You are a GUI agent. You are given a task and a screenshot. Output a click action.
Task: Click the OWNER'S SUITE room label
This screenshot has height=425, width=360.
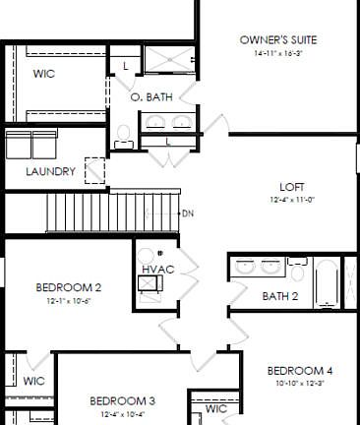278,40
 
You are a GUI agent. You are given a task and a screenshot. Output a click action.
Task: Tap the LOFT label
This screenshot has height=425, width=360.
292,187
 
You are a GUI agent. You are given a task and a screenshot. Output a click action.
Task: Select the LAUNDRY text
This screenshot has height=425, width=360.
50,171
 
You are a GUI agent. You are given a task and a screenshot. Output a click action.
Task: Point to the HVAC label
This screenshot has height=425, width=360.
157,268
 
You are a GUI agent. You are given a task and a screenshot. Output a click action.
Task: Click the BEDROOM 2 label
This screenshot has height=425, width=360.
69,287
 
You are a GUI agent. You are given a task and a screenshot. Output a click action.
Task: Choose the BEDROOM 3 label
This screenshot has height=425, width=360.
122,400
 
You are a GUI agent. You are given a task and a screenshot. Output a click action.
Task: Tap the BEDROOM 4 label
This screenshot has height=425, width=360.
300,370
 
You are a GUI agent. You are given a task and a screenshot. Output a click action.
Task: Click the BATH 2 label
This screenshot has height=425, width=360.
280,295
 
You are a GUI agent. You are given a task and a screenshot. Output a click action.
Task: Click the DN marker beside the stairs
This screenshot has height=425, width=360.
188,212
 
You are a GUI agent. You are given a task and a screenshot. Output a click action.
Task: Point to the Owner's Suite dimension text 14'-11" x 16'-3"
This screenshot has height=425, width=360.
278,54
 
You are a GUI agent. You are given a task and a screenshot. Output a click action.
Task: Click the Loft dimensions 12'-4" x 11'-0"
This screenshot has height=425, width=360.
292,200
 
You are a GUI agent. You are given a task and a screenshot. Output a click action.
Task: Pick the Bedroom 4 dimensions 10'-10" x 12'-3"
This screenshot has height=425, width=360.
300,383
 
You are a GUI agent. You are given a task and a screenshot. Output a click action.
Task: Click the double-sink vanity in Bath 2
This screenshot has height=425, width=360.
259,267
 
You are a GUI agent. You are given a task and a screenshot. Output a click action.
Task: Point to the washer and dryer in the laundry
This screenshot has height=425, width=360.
32,146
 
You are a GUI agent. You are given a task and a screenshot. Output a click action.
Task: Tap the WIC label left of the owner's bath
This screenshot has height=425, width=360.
43,74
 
